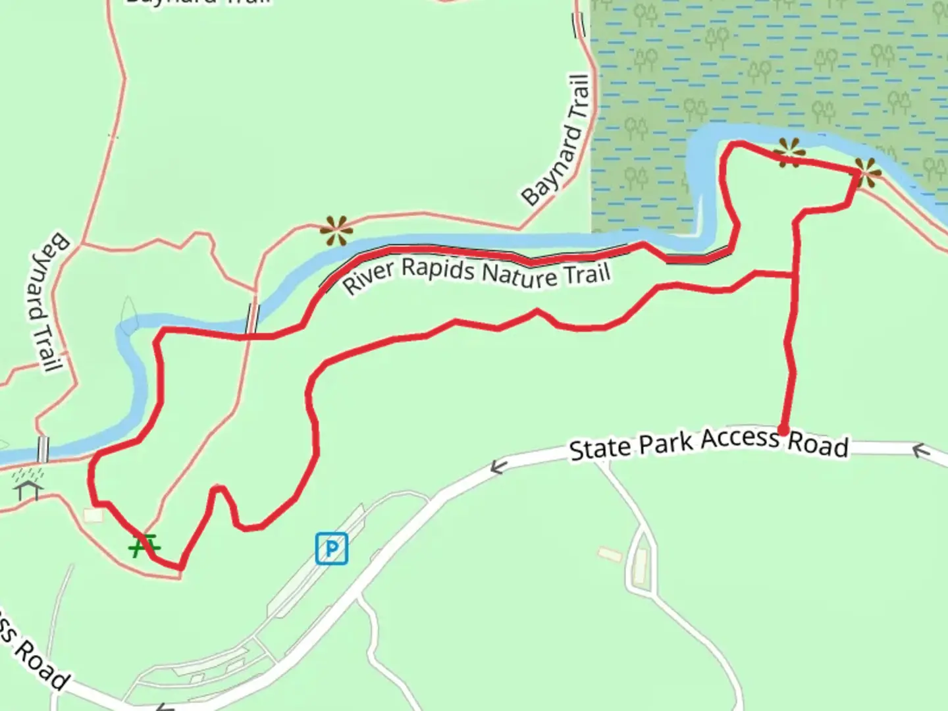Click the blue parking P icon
[331, 548]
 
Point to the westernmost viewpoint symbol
[336, 230]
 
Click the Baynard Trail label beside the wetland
[556, 140]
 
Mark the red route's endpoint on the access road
[783, 431]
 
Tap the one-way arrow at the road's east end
[920, 451]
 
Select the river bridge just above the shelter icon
[43, 450]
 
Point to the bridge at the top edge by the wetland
[579, 25]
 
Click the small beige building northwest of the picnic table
[93, 515]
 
